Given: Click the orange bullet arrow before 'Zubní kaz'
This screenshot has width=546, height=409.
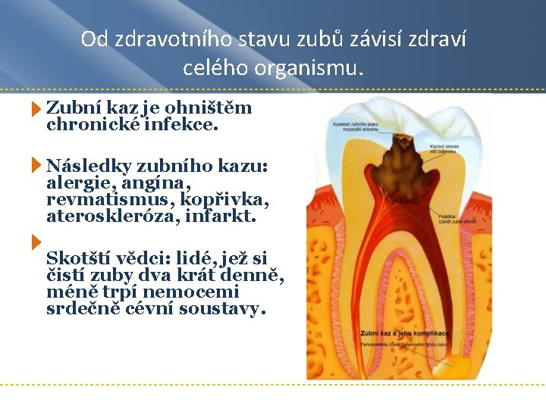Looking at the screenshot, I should coord(36,111).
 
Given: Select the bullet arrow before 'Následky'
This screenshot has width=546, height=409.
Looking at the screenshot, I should coord(36,165).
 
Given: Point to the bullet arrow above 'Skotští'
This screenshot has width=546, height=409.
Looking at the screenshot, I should coord(36,242).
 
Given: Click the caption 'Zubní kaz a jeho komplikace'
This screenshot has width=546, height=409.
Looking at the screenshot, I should coord(404,333).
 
